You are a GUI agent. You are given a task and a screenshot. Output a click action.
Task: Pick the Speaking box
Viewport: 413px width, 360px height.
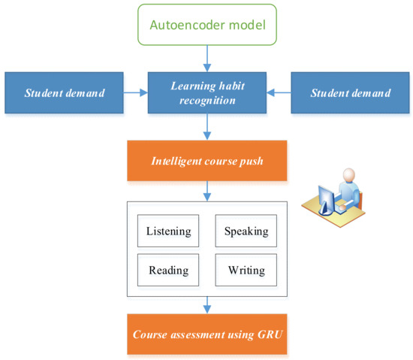pyautogui.click(x=246, y=231)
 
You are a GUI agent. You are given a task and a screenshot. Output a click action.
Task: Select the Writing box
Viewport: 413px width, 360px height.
pyautogui.click(x=246, y=270)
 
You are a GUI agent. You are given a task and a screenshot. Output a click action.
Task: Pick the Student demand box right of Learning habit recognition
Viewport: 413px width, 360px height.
pyautogui.click(x=351, y=93)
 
